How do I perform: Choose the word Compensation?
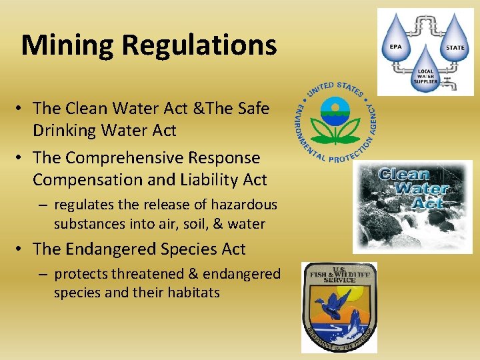(x=80, y=180)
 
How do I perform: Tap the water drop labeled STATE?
(x=455, y=41)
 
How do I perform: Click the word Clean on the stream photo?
(x=403, y=175)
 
